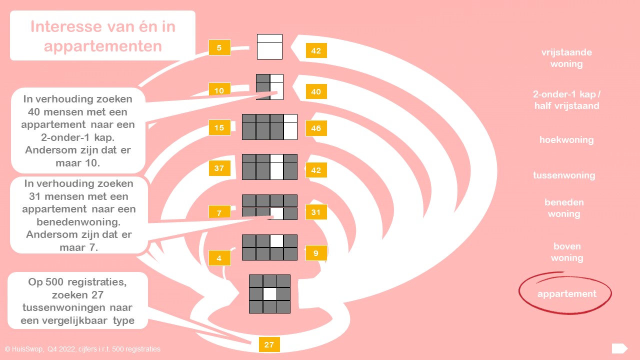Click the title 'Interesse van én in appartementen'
pyautogui.click(x=102, y=36)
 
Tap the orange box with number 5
pyautogui.click(x=219, y=48)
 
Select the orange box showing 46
pyautogui.click(x=316, y=128)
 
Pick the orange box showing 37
pyautogui.click(x=219, y=168)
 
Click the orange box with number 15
pyautogui.click(x=219, y=128)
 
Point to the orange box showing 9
pyautogui.click(x=316, y=253)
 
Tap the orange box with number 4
pyautogui.click(x=219, y=258)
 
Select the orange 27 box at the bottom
pyautogui.click(x=269, y=344)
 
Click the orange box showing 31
pyautogui.click(x=316, y=212)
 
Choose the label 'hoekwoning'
pyautogui.click(x=566, y=140)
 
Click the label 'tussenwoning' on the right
pyautogui.click(x=564, y=175)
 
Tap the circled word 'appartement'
pyautogui.click(x=566, y=293)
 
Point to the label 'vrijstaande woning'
pyautogui.click(x=566, y=58)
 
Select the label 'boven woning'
pyautogui.click(x=567, y=252)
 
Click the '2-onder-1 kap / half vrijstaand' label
pyautogui.click(x=566, y=100)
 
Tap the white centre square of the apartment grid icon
pyautogui.click(x=270, y=293)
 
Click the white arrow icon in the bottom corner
pyautogui.click(x=619, y=348)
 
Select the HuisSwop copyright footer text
pyautogui.click(x=82, y=349)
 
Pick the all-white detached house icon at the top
pyautogui.click(x=269, y=47)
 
